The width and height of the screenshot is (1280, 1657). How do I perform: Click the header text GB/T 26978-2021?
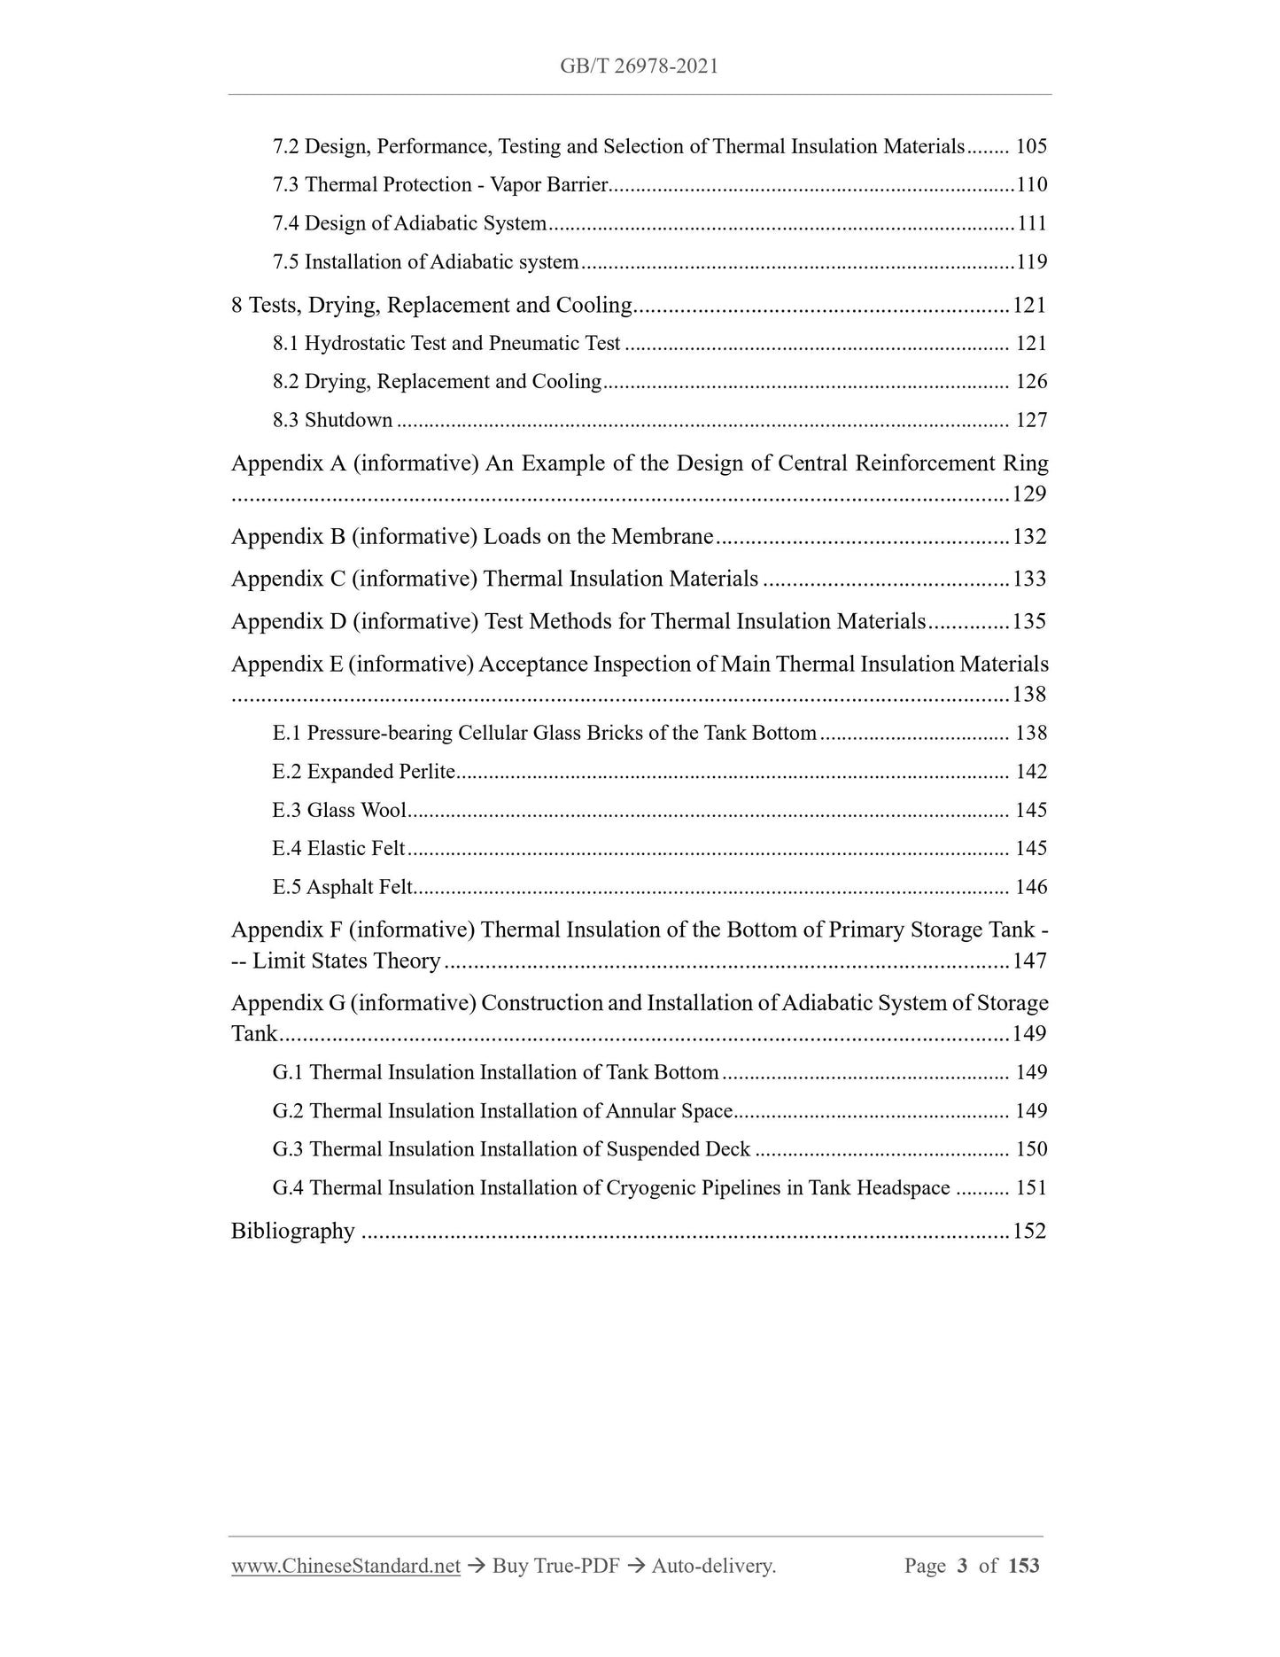(639, 66)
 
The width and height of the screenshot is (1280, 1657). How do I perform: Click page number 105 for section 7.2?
(1031, 147)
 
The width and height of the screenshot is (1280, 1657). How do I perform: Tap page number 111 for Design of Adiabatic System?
(1031, 223)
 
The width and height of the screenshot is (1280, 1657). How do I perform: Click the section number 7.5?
(286, 262)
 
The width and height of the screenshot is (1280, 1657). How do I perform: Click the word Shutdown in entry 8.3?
(348, 421)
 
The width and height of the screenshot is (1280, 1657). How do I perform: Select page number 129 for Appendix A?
(1029, 494)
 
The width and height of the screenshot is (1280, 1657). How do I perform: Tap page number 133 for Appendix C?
(1029, 580)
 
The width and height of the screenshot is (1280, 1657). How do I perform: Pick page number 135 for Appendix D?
(1029, 622)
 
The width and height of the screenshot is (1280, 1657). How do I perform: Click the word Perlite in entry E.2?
(427, 773)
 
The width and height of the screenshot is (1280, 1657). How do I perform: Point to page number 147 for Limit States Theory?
(1029, 961)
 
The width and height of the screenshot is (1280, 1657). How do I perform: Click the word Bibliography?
(292, 1232)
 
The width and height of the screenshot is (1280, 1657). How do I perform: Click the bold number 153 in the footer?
(1023, 1567)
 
